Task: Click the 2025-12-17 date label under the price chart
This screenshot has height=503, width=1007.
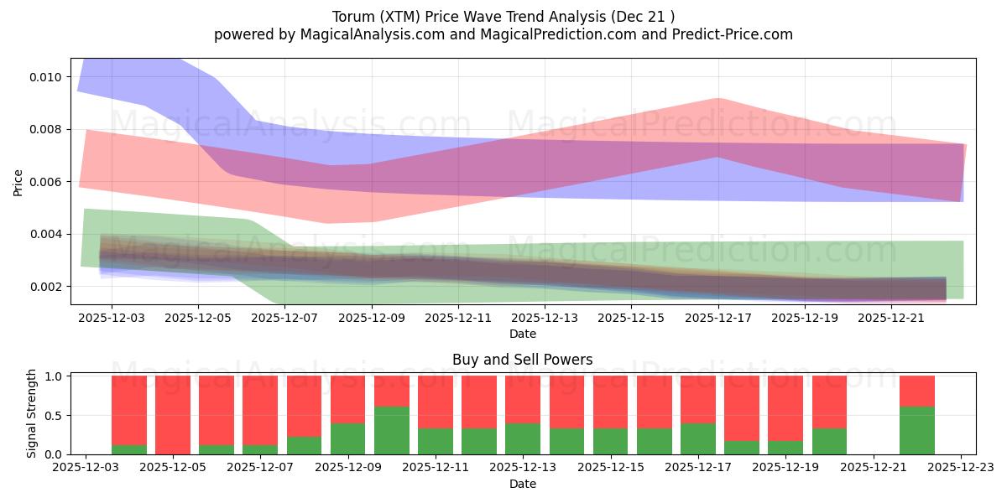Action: coord(718,319)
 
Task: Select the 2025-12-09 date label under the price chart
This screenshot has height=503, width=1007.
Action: coord(372,319)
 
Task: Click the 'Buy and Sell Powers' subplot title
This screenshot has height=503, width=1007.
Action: coord(522,360)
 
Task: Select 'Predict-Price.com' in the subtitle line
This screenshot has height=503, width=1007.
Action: coord(728,34)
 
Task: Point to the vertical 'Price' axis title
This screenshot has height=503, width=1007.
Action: coord(18,182)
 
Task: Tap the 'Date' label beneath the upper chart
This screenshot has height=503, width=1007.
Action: coord(522,334)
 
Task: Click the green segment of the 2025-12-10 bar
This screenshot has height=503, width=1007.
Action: coord(392,430)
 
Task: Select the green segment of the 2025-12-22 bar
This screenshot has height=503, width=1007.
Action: coord(916,430)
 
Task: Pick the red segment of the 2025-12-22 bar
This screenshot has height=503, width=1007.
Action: coord(916,391)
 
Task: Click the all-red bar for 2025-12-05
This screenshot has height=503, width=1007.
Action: coord(173,415)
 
